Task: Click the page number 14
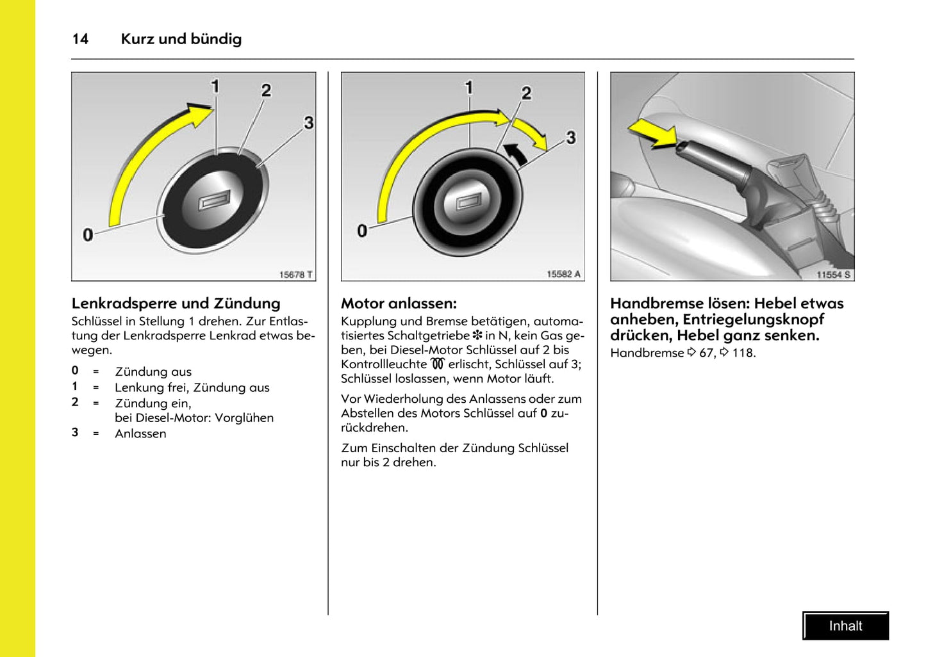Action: [x=80, y=39]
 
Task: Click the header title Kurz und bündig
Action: [x=181, y=39]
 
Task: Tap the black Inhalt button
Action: [x=845, y=626]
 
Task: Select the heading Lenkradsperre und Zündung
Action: [x=176, y=304]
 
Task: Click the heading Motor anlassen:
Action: [x=399, y=304]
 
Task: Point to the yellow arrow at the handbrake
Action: [x=652, y=133]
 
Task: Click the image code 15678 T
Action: [x=295, y=275]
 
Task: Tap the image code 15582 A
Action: [x=563, y=274]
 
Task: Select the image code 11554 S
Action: [x=833, y=275]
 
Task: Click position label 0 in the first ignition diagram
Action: [x=88, y=235]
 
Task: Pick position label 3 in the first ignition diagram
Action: [x=308, y=122]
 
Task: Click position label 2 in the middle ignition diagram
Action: [x=526, y=93]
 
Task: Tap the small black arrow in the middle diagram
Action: [x=516, y=154]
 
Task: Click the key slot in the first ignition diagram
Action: [x=213, y=202]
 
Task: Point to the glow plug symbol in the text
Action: [x=438, y=364]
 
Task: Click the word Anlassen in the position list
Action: [x=140, y=434]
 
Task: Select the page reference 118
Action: [x=743, y=353]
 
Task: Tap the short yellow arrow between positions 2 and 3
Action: [x=531, y=131]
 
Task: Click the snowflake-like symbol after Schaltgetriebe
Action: [x=477, y=335]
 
